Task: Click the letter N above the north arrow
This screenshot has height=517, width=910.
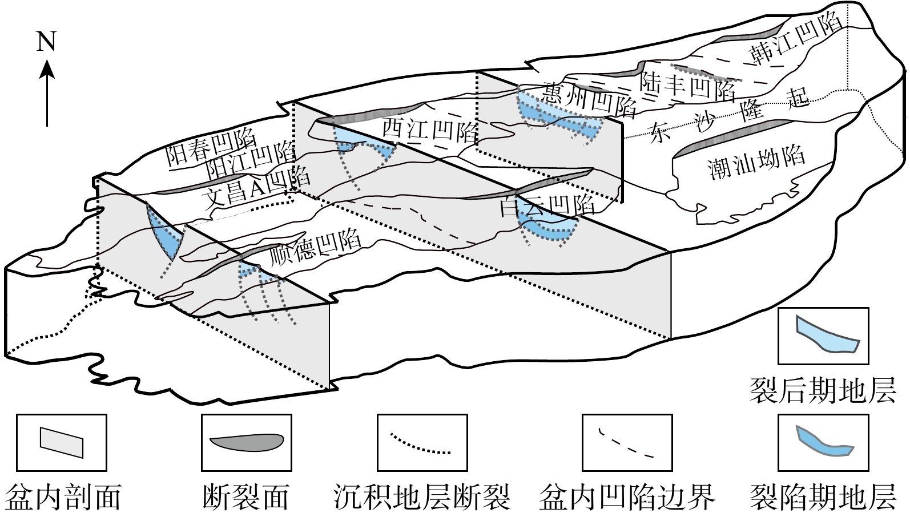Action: pyautogui.click(x=47, y=41)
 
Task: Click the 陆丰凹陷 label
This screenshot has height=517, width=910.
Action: pyautogui.click(x=688, y=85)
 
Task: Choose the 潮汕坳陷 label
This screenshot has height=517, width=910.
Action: pyautogui.click(x=756, y=161)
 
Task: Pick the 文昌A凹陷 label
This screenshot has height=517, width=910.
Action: pyautogui.click(x=257, y=188)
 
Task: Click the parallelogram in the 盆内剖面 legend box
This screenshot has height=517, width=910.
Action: pyautogui.click(x=62, y=441)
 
